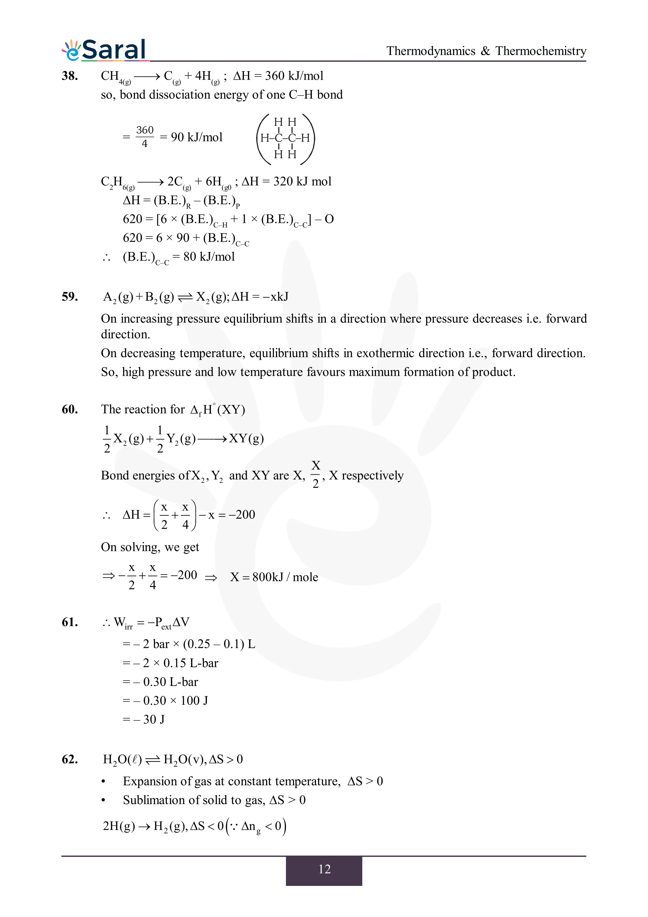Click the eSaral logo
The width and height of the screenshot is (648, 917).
pyautogui.click(x=105, y=50)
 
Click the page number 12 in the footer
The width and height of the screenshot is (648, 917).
pyautogui.click(x=324, y=869)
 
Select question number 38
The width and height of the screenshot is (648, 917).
pyautogui.click(x=70, y=76)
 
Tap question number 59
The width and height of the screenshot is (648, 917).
pyautogui.click(x=70, y=296)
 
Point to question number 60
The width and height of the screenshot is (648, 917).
pyautogui.click(x=70, y=409)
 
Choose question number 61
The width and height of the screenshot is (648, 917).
pyautogui.click(x=70, y=622)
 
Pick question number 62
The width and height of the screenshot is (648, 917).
pyautogui.click(x=70, y=759)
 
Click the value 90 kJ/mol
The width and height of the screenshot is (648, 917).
pyautogui.click(x=196, y=137)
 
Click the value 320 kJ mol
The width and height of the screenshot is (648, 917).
pyautogui.click(x=302, y=181)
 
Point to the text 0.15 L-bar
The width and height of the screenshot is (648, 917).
pyautogui.click(x=191, y=663)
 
